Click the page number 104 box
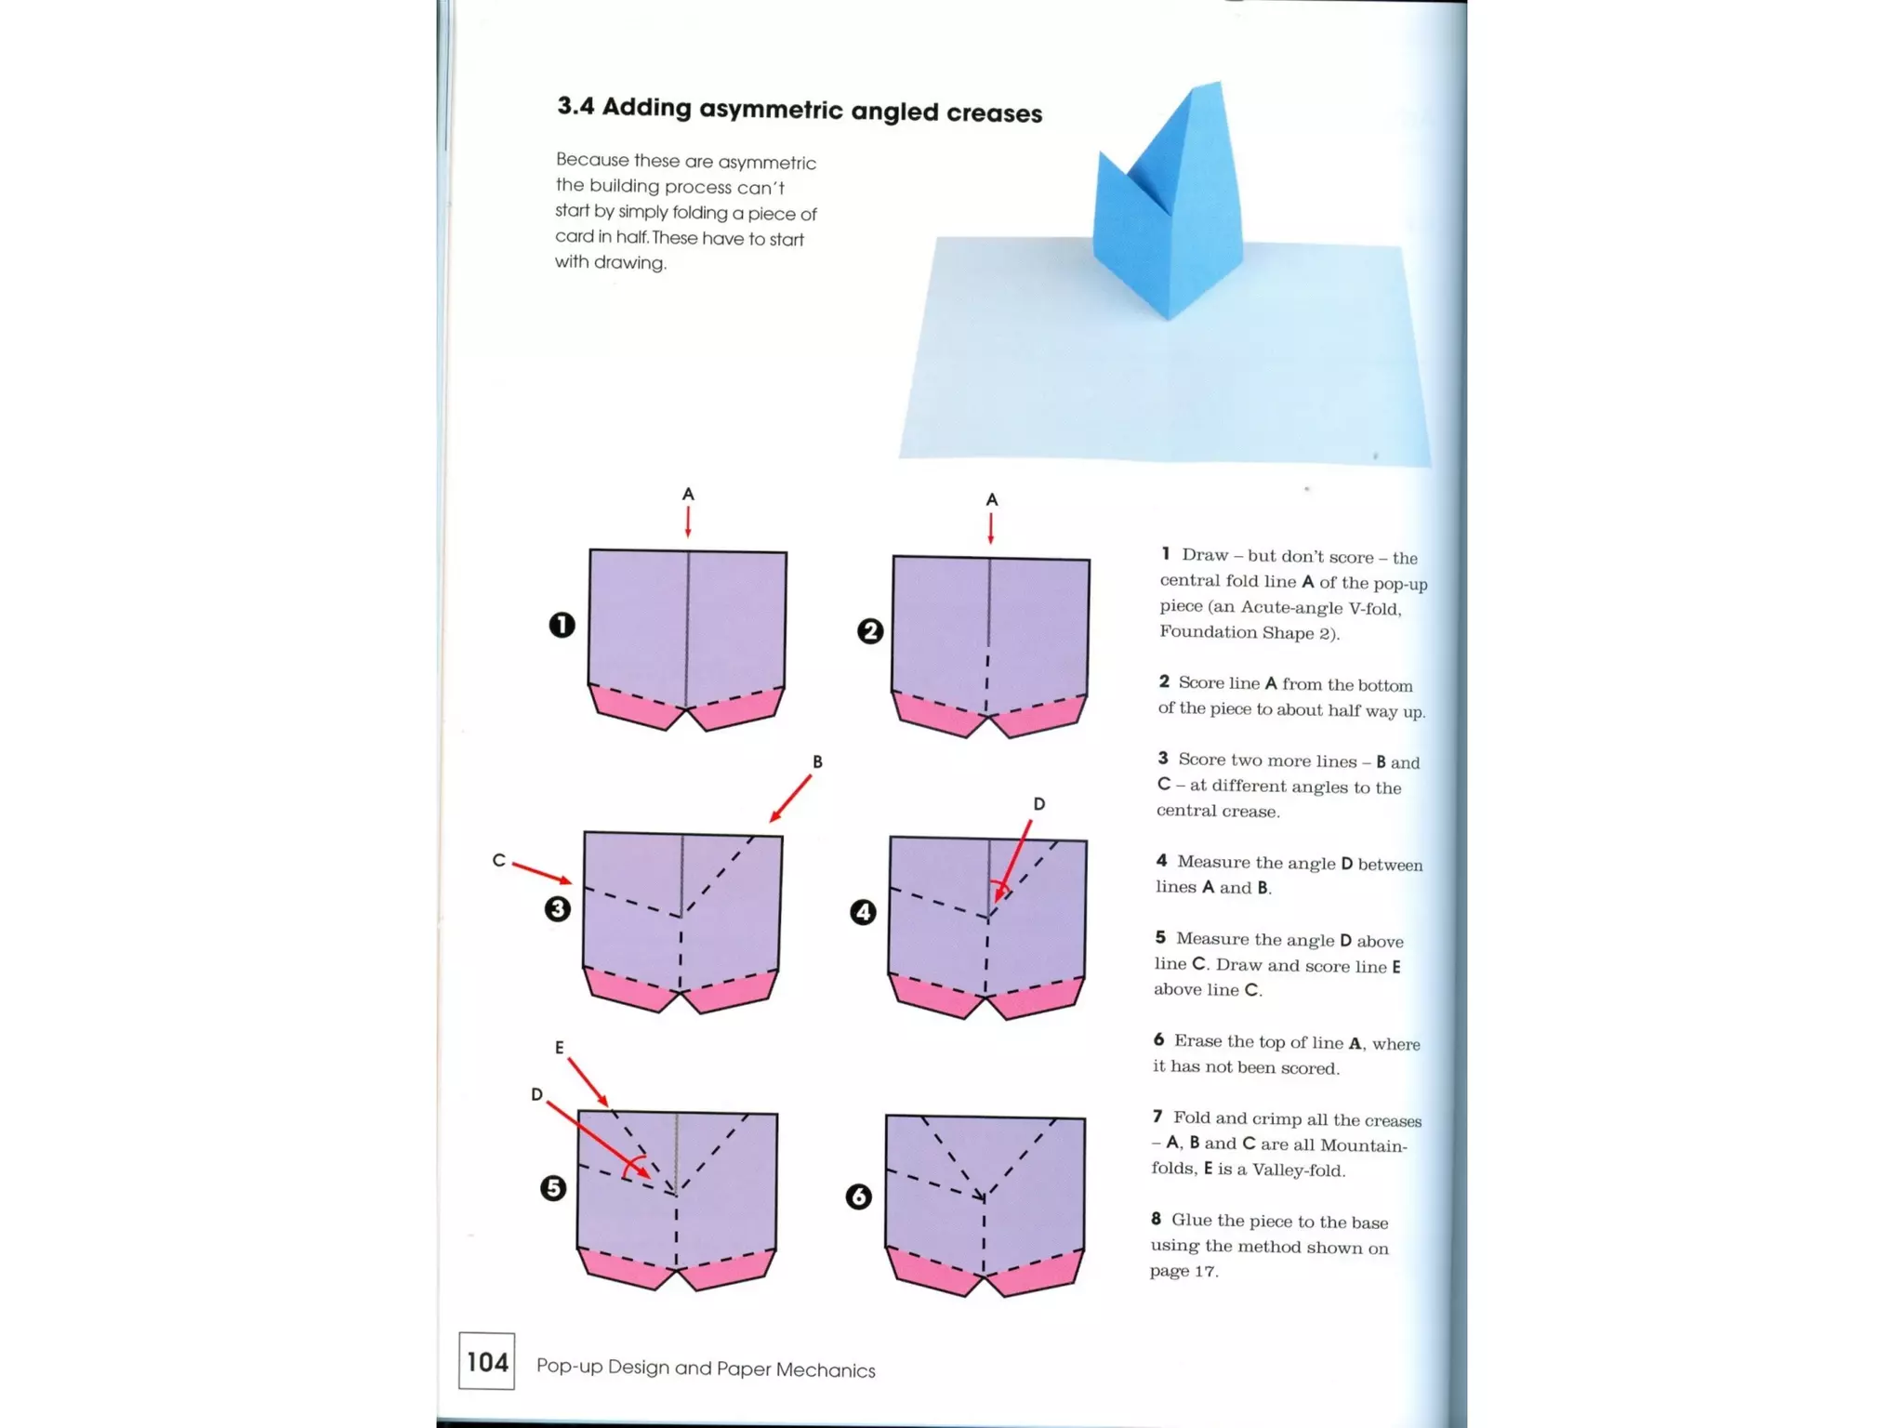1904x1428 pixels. tap(486, 1361)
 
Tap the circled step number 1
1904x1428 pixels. tap(562, 625)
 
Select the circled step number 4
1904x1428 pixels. tap(863, 912)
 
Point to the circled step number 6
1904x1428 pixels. tap(858, 1197)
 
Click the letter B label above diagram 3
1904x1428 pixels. tap(817, 762)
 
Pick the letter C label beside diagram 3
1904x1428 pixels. tap(499, 861)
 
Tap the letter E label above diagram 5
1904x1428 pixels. tap(559, 1048)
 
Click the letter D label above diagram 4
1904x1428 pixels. tap(1038, 804)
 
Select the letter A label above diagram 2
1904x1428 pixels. tap(992, 500)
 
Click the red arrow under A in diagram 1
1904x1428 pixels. tap(688, 522)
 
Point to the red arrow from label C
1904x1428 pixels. tap(541, 872)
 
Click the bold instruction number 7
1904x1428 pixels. tap(1157, 1117)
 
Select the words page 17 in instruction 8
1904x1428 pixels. tap(1183, 1271)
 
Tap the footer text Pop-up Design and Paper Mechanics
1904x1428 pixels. tap(706, 1368)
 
